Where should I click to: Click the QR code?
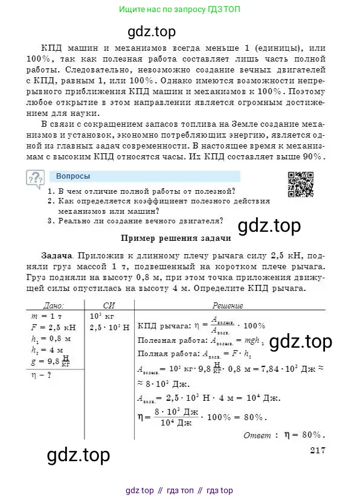pyautogui.click(x=300, y=185)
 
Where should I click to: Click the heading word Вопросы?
pyautogui.click(x=73, y=176)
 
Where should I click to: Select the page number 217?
pyautogui.click(x=317, y=449)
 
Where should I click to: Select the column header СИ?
pyautogui.click(x=109, y=306)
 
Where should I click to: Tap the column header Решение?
pyautogui.click(x=228, y=306)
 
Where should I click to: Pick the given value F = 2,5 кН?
pyautogui.click(x=54, y=327)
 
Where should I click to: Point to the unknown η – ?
pyautogui.click(x=43, y=374)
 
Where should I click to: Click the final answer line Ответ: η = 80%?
pyautogui.click(x=283, y=435)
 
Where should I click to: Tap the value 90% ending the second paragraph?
pyautogui.click(x=313, y=157)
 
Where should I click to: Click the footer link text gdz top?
pyautogui.click(x=140, y=490)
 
